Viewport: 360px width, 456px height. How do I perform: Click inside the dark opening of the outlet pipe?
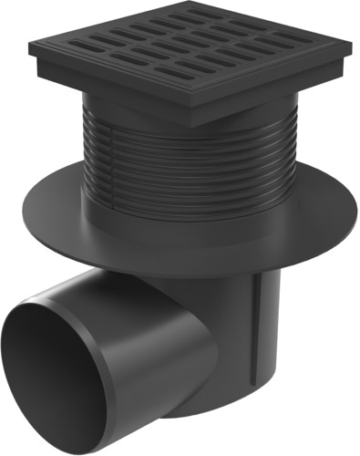64,374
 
